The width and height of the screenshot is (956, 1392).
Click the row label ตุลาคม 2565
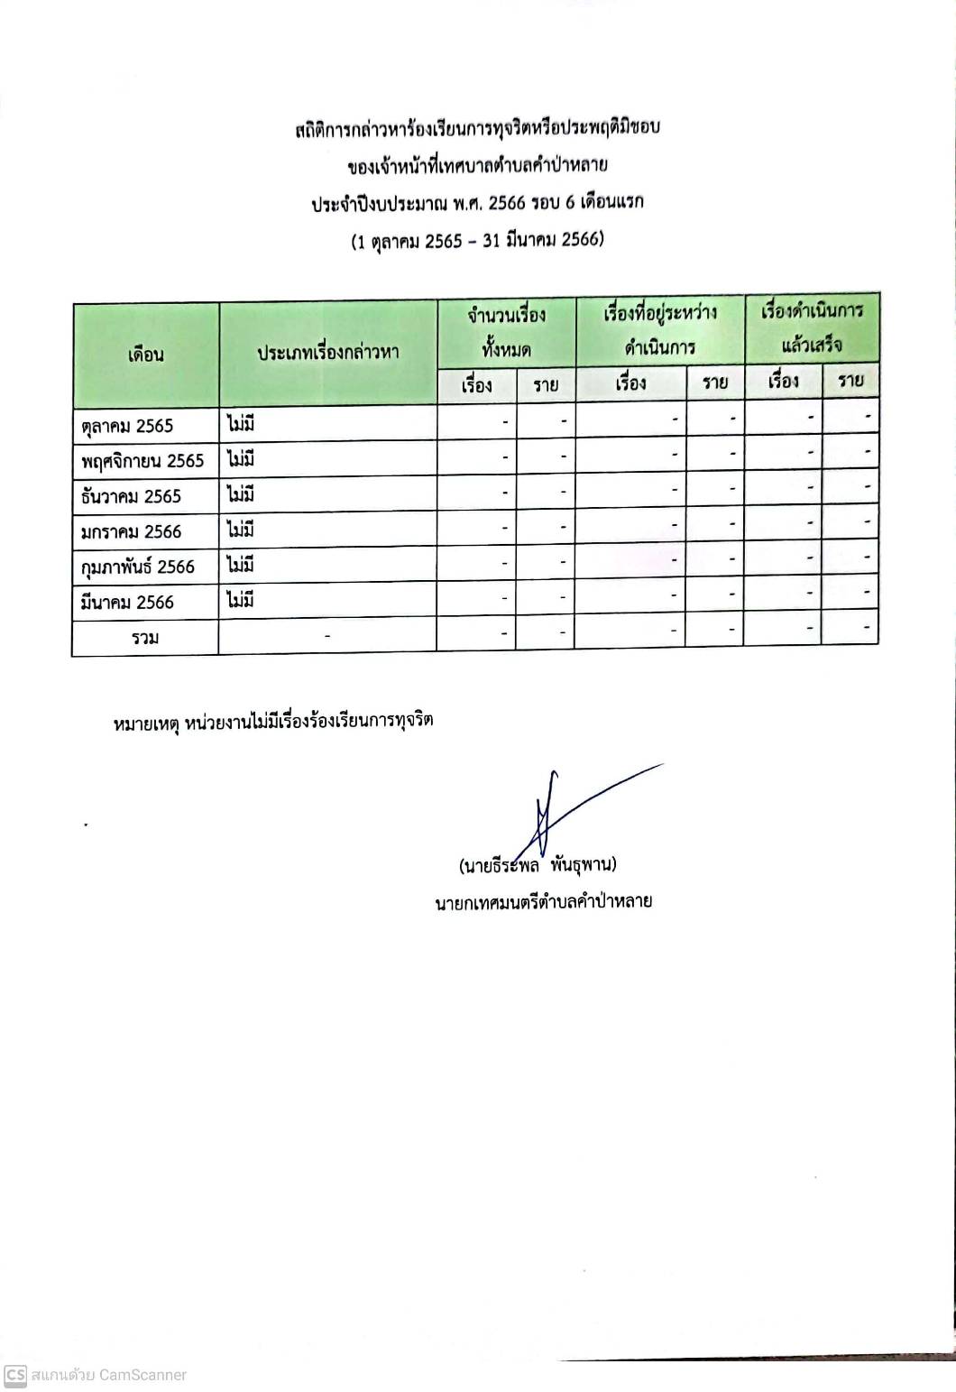point(127,426)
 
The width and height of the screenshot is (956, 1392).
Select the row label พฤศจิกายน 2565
point(142,461)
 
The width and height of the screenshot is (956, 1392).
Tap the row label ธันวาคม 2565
point(131,496)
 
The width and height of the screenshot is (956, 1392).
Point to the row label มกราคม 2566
point(131,531)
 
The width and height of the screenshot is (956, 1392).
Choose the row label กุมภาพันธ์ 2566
point(137,567)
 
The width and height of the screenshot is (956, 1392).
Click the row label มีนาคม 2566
point(127,602)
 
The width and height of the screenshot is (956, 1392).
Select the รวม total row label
point(144,638)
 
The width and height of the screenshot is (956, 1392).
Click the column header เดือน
point(145,355)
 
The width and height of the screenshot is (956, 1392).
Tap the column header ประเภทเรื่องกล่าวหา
point(327,353)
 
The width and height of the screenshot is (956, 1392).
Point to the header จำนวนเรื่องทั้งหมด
point(506,331)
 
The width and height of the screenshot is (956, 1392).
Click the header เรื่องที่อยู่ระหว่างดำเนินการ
point(660,329)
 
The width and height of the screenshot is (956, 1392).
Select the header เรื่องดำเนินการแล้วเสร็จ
point(812,327)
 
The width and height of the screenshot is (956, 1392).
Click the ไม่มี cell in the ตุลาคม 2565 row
point(241,423)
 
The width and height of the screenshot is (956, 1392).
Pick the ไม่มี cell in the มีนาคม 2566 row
point(241,600)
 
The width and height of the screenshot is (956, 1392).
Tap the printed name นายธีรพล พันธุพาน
point(538,866)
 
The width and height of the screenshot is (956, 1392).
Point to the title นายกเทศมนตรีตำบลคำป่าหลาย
point(543,901)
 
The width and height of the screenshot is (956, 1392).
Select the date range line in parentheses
point(477,241)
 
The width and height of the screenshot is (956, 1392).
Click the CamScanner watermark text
point(108,1375)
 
